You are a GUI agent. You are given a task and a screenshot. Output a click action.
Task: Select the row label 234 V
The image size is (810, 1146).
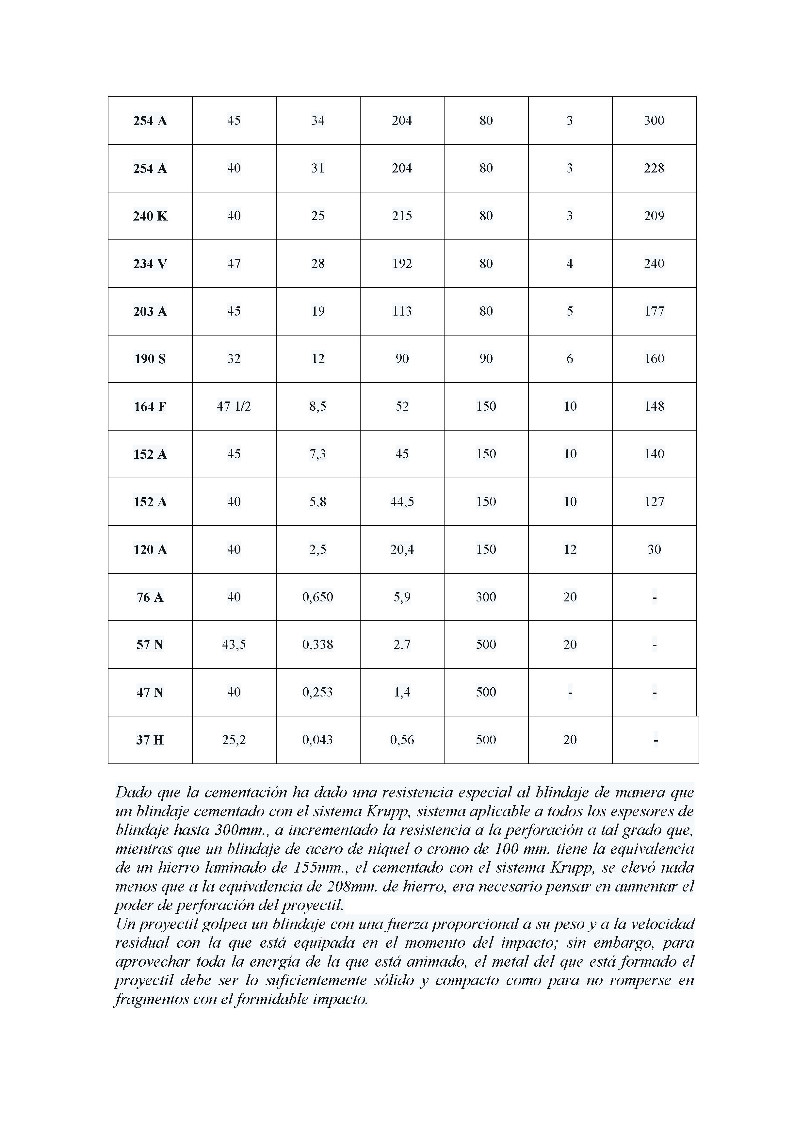(x=150, y=264)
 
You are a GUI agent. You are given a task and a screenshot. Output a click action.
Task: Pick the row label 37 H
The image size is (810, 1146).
(x=150, y=740)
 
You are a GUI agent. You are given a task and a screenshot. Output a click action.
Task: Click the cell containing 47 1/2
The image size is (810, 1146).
(x=234, y=406)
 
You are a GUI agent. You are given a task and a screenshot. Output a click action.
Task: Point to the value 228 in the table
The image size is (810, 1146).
(x=654, y=168)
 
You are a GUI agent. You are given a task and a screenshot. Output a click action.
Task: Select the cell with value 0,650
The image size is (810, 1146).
(x=317, y=597)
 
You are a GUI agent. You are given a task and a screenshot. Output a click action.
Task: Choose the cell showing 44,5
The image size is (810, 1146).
(x=402, y=502)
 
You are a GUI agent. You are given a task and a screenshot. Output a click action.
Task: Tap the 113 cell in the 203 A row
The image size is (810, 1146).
(x=402, y=311)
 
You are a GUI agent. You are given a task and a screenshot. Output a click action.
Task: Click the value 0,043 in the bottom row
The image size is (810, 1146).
(x=317, y=740)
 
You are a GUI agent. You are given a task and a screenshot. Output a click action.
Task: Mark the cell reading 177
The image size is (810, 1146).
(x=654, y=311)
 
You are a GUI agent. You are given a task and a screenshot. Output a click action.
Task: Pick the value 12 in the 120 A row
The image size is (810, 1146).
(x=570, y=549)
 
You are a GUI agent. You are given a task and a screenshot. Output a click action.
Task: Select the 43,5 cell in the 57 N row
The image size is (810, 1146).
(x=234, y=644)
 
